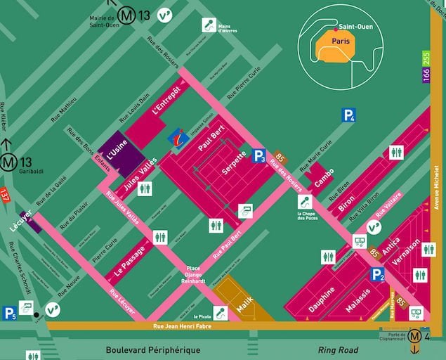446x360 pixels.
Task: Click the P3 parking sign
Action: click(259, 156)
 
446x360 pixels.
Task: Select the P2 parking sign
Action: click(378, 275)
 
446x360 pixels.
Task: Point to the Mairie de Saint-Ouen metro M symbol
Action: click(127, 14)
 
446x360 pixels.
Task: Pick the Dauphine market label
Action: click(322, 299)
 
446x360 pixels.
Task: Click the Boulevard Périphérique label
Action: click(152, 350)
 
